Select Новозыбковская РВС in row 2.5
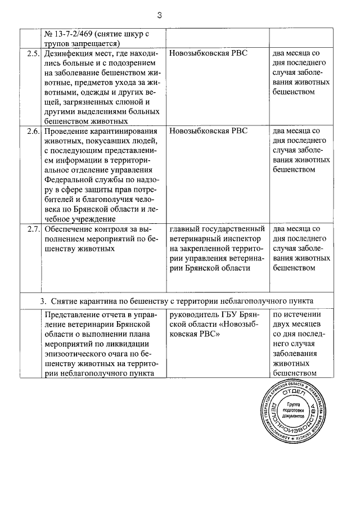(x=208, y=53)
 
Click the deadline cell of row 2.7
(x=300, y=249)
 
